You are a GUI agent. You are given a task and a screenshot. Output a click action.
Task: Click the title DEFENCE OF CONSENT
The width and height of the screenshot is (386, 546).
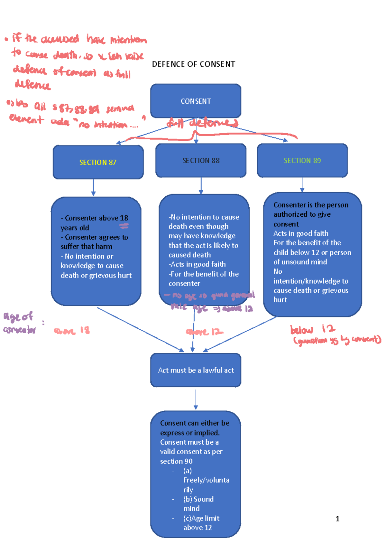193,64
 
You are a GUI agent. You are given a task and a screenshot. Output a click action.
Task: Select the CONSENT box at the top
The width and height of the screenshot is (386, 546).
196,101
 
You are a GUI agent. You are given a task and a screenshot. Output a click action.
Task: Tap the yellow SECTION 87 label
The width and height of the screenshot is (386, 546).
98,162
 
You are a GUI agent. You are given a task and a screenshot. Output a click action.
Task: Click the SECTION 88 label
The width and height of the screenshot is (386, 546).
201,160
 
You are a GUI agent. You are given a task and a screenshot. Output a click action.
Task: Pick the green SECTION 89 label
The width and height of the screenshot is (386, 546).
302,160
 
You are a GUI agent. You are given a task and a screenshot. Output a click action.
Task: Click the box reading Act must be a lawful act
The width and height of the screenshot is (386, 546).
196,370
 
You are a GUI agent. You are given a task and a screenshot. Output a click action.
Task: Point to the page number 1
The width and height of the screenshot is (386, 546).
337,519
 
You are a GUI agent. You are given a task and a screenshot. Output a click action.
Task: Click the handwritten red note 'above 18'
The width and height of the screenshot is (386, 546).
72,331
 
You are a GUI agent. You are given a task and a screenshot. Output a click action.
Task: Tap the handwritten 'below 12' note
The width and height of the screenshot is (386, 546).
312,329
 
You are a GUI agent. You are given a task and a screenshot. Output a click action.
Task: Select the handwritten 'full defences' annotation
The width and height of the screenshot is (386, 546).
202,123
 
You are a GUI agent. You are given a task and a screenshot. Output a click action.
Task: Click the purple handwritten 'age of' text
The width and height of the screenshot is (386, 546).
18,317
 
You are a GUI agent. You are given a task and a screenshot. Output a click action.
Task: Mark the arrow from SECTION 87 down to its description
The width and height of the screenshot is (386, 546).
93,188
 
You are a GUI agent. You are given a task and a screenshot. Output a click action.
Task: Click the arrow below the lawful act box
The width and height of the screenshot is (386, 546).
196,399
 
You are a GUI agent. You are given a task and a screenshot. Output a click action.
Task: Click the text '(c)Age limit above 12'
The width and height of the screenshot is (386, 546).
201,523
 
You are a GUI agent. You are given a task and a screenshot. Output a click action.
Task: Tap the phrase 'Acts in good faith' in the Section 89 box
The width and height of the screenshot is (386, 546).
301,233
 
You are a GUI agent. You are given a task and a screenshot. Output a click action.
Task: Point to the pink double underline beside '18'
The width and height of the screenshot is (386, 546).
124,226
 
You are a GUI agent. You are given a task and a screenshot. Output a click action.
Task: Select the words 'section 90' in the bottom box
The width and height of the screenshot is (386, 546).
176,461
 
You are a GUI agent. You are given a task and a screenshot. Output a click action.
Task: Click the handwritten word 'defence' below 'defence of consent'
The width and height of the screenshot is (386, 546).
32,85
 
